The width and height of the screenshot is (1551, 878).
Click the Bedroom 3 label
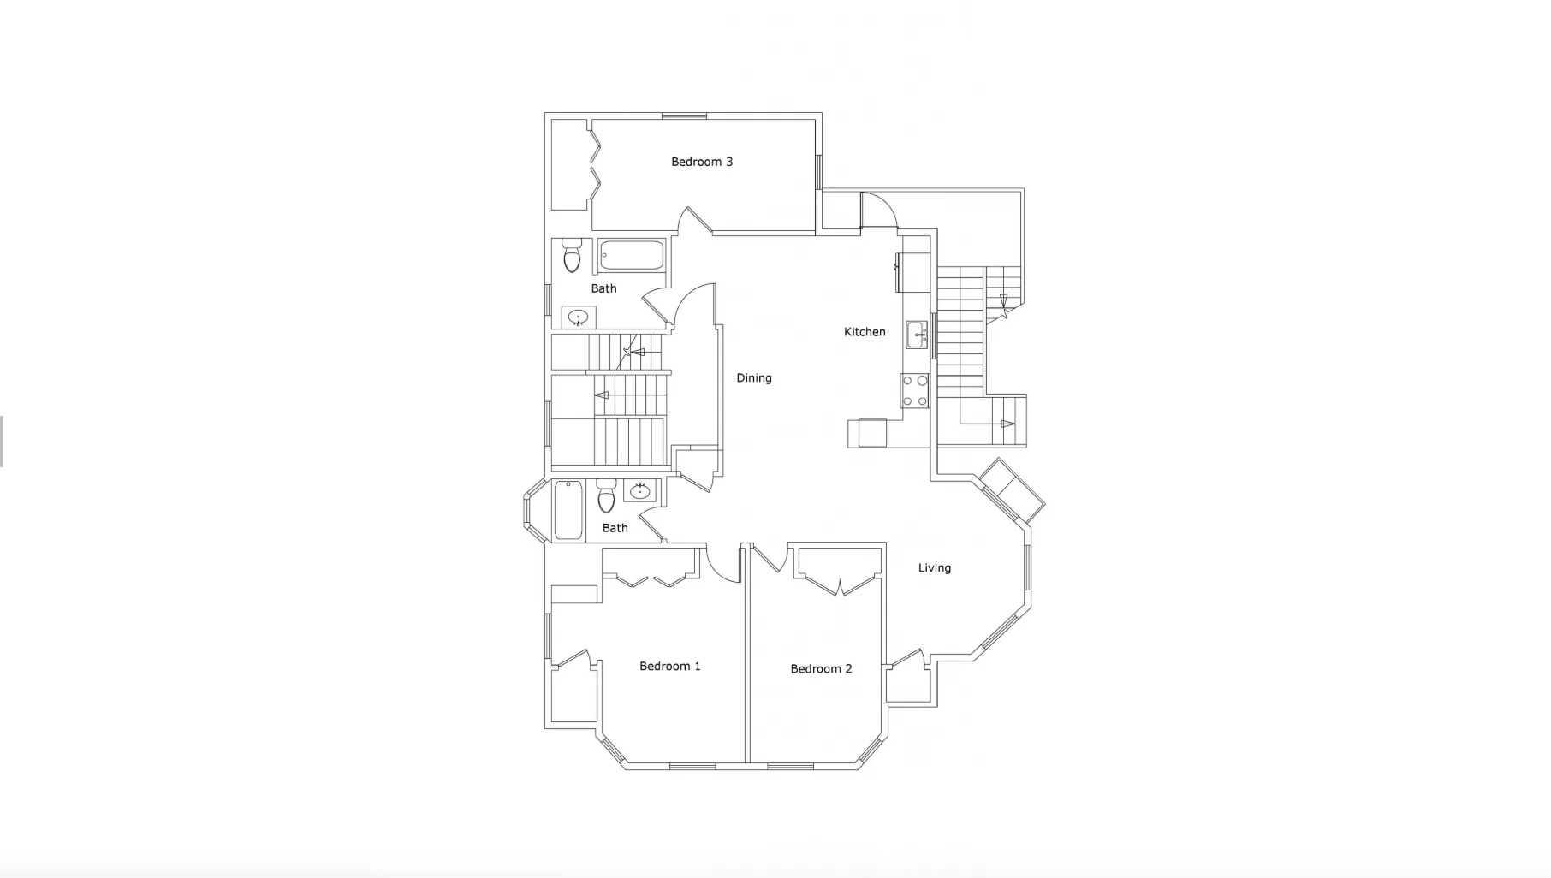701,162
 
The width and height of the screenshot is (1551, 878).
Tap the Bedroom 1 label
669,666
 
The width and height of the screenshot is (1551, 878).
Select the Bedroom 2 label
821,668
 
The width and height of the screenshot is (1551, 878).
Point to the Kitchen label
865,332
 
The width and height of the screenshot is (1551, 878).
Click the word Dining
753,377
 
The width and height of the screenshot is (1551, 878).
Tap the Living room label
934,567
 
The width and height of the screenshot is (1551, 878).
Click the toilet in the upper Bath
572,256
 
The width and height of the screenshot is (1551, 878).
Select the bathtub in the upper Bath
632,255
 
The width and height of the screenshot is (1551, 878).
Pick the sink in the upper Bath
579,317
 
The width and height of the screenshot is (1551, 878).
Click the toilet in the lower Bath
606,497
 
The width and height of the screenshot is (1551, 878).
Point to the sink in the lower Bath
639,491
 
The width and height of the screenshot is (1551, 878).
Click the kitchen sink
917,334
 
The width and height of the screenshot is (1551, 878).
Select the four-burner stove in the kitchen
915,390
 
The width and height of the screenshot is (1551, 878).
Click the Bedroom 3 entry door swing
695,221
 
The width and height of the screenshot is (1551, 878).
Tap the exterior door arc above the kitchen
880,211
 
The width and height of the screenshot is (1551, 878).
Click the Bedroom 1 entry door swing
724,566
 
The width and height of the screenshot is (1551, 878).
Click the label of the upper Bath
603,288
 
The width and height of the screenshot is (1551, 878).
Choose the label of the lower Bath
615,528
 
